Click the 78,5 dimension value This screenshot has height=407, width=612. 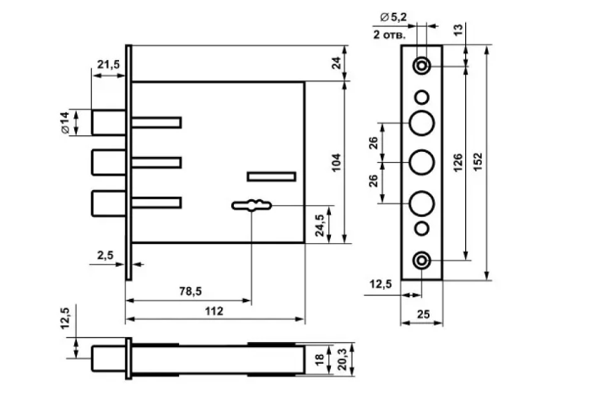(191, 291)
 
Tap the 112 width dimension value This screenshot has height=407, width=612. (214, 311)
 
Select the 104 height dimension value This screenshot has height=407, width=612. (336, 162)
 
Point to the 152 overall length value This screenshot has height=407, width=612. (478, 161)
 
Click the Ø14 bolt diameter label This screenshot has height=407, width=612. (65, 122)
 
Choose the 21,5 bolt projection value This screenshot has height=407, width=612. (109, 64)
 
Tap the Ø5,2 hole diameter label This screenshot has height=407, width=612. (393, 17)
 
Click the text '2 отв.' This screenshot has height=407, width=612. (389, 35)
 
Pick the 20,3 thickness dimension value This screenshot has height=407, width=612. (342, 360)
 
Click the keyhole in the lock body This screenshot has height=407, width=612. (252, 205)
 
